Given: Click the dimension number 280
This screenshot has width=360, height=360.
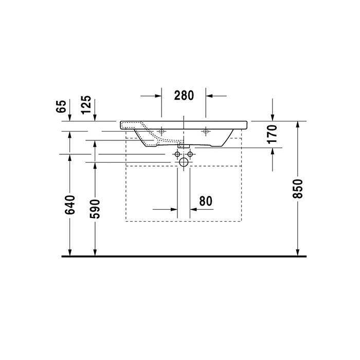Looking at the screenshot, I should [184, 95].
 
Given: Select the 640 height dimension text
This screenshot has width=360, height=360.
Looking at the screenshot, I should [70, 205].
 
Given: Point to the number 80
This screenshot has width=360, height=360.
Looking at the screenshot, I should [206, 201].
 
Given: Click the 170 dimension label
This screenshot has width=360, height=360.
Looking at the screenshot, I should [273, 134].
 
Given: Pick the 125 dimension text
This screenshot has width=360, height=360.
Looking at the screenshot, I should [86, 105].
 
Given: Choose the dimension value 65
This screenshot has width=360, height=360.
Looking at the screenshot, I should [61, 107].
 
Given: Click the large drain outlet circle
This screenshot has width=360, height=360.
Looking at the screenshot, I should [184, 163].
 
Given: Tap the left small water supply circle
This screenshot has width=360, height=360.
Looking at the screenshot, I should [177, 154].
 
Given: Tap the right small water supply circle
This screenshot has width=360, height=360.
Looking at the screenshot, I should [190, 154].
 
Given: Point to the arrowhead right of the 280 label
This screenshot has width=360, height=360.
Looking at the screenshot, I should [210, 96].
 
